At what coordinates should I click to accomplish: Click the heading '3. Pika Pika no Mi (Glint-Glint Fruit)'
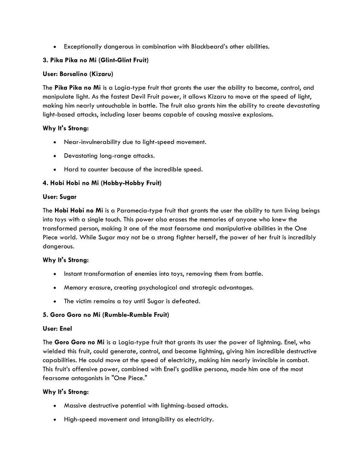point(96,60)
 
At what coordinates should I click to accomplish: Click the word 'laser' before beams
point(134,115)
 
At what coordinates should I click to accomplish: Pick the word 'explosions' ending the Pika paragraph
point(258,115)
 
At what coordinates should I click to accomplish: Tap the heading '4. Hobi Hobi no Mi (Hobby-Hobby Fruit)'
point(102,183)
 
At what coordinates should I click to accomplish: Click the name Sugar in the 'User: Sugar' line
point(68,197)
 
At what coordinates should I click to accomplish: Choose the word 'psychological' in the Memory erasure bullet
point(158,287)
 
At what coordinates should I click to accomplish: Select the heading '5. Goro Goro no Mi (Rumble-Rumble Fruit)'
point(106,315)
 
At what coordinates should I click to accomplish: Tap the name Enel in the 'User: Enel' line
point(66,328)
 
